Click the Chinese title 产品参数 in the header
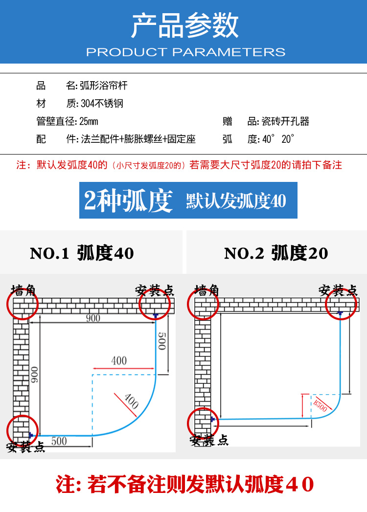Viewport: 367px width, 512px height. (185, 26)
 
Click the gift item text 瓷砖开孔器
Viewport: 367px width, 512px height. (285, 121)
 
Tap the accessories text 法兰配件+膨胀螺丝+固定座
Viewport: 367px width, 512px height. (138, 139)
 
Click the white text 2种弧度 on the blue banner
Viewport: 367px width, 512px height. (128, 200)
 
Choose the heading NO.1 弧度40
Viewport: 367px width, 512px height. (82, 253)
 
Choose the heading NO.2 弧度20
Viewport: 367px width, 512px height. (276, 253)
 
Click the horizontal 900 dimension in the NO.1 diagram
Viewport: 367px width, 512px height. (92, 318)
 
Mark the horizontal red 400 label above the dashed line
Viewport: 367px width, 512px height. (119, 361)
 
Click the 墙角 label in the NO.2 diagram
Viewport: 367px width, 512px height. (207, 289)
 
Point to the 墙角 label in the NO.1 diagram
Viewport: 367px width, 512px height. (23, 289)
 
